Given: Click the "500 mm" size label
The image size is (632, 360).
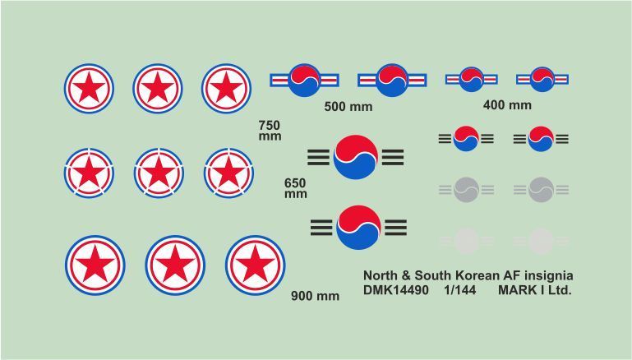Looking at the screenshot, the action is click(348, 107).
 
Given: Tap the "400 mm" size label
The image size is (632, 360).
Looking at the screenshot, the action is click(507, 105).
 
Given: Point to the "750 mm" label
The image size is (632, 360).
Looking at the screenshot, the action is click(270, 130).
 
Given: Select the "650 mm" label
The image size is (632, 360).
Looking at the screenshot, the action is click(295, 188).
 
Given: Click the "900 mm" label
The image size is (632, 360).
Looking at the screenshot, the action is click(316, 296).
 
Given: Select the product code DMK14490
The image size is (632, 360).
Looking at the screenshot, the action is click(396, 290).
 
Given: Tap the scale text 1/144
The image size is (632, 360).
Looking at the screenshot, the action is click(460, 290).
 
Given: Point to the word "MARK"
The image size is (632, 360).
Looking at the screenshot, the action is click(515, 290).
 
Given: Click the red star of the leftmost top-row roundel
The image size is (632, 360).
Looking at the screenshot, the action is click(89, 87).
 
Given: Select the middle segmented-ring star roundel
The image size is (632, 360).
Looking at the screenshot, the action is click(159, 173).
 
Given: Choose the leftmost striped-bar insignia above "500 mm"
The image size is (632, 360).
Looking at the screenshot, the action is click(304, 81).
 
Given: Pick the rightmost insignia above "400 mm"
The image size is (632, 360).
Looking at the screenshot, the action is click(542, 80).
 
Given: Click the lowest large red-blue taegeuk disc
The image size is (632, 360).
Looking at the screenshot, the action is click(358, 228).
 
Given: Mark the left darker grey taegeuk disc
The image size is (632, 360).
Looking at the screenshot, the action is click(466, 190).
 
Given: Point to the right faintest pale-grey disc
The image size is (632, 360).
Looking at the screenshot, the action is click(541, 241).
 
